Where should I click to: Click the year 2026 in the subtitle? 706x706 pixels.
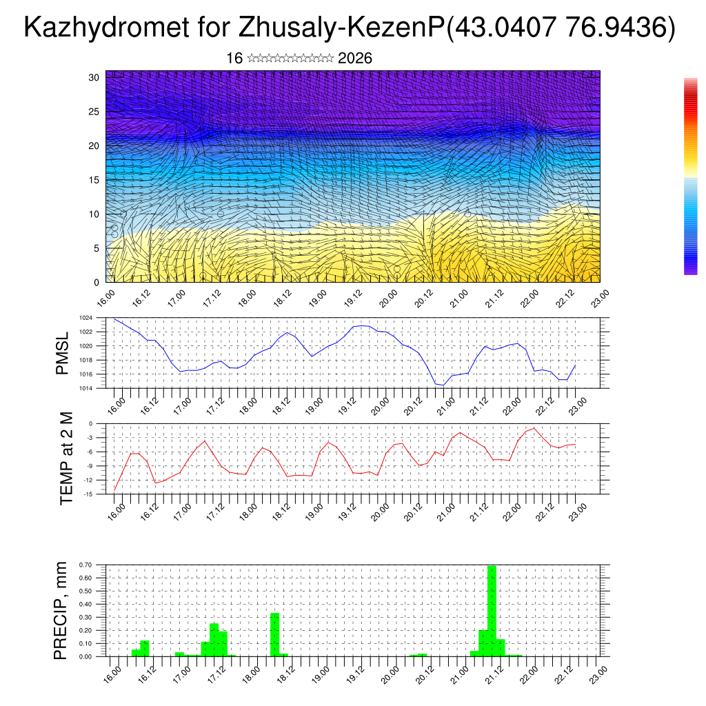pos(355,59)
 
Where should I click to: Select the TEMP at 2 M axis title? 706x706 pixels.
pos(66,458)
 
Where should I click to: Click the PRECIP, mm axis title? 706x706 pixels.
pos(61,611)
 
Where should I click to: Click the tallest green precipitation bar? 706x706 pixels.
pos(492,610)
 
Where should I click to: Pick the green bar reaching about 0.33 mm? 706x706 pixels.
pos(274,634)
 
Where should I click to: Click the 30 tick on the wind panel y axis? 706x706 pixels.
pos(94,77)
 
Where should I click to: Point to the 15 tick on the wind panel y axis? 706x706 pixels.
pos(94,180)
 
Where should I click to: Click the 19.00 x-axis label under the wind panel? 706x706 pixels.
pos(318,298)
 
